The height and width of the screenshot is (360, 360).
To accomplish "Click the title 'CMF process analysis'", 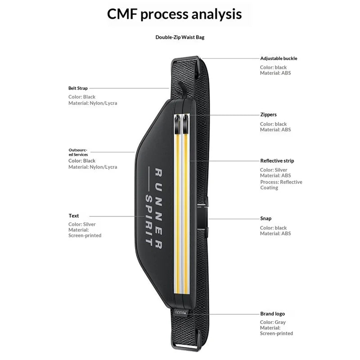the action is tap(174, 14).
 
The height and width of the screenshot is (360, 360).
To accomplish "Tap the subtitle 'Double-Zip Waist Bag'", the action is tap(180, 37).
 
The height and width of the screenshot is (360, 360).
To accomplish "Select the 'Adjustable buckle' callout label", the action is tap(279, 58).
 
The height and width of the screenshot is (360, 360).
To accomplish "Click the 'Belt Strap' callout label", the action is tap(78, 88).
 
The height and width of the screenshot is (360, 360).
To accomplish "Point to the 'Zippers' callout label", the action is tap(268, 115).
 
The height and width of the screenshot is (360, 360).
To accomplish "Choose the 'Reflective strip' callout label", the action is tap(277, 161).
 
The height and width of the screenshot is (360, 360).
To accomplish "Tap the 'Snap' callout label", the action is tap(265, 218).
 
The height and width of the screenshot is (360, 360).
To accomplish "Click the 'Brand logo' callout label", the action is tap(272, 314).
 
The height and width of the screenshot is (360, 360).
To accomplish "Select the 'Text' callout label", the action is tap(73, 216).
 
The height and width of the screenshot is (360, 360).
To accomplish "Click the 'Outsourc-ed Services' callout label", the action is tap(78, 152).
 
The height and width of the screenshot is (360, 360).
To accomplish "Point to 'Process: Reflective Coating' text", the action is tap(281, 185).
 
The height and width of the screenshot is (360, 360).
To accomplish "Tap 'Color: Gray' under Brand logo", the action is tap(273, 322).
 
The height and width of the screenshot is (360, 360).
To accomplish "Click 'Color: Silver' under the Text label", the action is tap(82, 224).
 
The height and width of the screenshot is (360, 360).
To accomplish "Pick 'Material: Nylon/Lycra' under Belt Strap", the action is tap(93, 103).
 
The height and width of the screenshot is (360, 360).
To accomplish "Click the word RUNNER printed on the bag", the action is tap(159, 208).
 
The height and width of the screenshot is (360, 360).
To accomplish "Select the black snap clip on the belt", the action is tap(202, 218).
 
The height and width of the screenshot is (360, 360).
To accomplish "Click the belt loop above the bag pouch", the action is tap(182, 90).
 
